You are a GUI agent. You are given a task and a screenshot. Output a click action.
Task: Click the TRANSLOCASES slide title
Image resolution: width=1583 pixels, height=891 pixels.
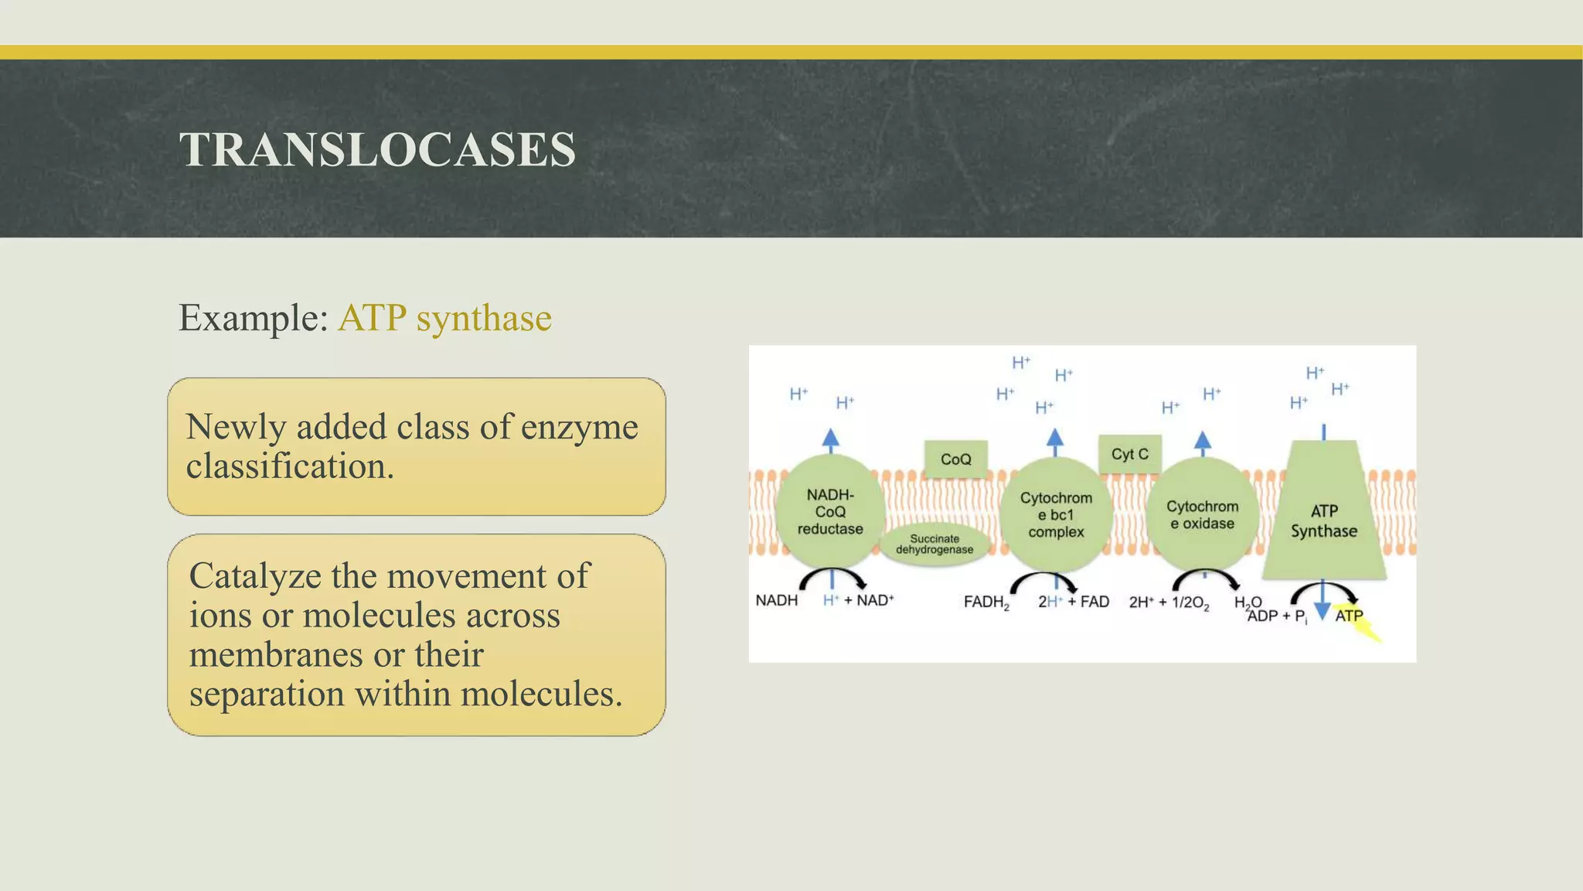click(x=377, y=149)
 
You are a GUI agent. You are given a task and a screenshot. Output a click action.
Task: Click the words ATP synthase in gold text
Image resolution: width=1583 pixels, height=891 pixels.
click(x=444, y=318)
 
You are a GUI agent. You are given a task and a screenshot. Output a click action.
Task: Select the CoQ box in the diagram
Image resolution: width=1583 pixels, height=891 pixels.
click(x=955, y=459)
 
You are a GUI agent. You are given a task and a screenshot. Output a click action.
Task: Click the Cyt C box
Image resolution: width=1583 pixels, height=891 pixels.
click(x=1129, y=454)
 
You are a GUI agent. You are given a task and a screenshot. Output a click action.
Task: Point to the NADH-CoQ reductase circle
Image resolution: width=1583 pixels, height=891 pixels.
click(x=830, y=510)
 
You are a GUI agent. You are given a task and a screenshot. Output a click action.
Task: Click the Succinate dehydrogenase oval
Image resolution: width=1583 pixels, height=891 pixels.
click(x=934, y=544)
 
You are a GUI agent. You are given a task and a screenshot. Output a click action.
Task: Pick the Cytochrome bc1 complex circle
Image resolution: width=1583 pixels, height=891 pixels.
click(x=1056, y=514)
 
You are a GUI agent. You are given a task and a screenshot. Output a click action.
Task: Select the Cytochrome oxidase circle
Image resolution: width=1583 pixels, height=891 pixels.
click(x=1202, y=514)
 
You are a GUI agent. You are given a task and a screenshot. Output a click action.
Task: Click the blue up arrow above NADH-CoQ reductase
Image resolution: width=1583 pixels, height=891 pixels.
click(x=830, y=440)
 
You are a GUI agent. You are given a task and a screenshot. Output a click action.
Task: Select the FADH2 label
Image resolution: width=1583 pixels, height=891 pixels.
click(x=986, y=603)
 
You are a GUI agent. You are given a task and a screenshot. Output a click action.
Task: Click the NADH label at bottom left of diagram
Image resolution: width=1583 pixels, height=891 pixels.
click(x=776, y=600)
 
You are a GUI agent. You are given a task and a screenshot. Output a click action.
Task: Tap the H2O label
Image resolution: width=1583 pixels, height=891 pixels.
click(x=1247, y=603)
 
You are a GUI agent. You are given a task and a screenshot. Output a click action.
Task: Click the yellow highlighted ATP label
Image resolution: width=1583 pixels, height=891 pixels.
click(x=1350, y=616)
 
